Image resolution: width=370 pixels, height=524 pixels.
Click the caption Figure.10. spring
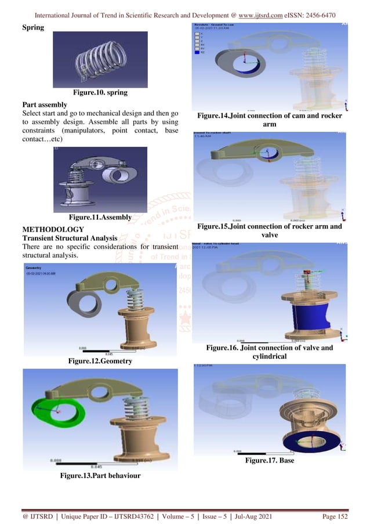(x=100, y=92)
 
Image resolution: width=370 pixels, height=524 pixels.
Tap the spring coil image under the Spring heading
(x=100, y=59)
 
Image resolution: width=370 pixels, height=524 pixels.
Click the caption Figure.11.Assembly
(x=100, y=217)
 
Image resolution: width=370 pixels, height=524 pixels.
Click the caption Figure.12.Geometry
(x=100, y=361)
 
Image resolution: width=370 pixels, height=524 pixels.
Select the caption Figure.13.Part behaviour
(x=100, y=476)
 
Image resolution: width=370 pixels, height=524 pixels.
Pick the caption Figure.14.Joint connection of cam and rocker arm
(x=269, y=120)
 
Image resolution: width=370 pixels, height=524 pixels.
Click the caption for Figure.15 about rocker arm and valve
(x=269, y=230)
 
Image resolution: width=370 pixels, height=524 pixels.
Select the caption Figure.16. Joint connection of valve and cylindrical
(x=269, y=352)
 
